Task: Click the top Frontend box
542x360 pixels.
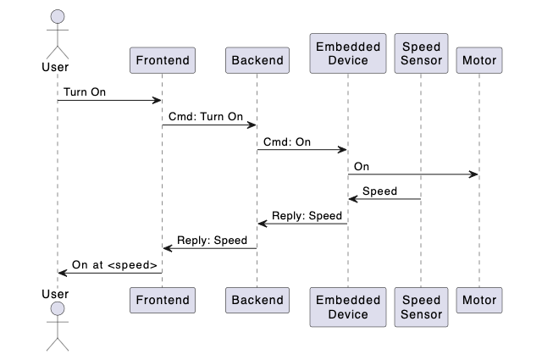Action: tap(163, 60)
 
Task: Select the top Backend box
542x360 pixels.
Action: tap(257, 60)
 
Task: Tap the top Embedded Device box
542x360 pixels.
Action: tap(348, 53)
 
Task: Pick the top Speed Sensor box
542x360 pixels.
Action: tap(421, 53)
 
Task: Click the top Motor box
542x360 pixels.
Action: tap(479, 60)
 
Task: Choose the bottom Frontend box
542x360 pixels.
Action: tap(163, 300)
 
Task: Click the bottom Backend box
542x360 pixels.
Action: tap(257, 300)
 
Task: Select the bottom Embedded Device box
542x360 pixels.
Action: tap(348, 307)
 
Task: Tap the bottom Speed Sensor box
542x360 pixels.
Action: tap(421, 307)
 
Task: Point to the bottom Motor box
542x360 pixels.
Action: tap(479, 300)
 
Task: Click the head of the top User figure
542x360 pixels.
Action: tap(58, 17)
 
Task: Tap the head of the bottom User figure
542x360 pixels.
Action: tap(58, 308)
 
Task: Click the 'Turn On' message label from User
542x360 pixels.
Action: tap(85, 92)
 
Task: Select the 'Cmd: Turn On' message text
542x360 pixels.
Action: tap(206, 117)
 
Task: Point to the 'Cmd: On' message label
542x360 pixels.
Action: tap(287, 141)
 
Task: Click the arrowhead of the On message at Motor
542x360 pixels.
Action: tap(474, 174)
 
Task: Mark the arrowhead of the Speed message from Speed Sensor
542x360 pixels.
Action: tap(353, 199)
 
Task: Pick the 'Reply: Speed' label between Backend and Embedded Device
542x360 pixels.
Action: tap(307, 216)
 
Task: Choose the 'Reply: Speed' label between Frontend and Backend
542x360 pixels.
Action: tap(213, 241)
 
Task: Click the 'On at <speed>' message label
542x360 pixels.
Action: tap(114, 265)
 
